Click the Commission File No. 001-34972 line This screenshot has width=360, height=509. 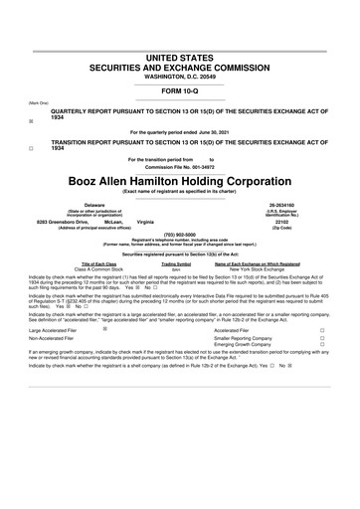pos(180,167)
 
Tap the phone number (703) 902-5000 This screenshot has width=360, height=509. pos(180,235)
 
